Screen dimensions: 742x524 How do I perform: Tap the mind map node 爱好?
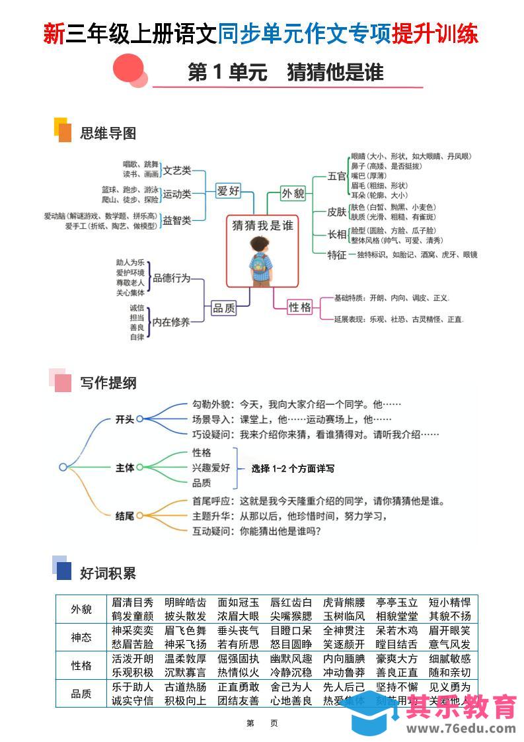pos(228,191)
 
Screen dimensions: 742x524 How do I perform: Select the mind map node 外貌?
pos(293,193)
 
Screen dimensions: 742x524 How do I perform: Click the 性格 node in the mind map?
pos(300,307)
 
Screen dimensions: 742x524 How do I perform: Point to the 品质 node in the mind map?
pos(223,308)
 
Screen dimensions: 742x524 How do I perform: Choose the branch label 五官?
pos(337,176)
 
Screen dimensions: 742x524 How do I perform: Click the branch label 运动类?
pos(177,194)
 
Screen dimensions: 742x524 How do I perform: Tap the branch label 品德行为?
pos(171,278)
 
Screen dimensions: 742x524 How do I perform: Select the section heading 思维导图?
pos(108,134)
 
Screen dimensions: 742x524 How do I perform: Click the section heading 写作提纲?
pos(108,383)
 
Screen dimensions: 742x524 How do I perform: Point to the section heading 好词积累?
pos(108,573)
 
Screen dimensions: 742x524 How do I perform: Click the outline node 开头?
pos(125,419)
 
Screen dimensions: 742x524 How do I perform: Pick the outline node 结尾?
pos(125,515)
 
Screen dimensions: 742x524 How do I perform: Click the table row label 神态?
pos(81,638)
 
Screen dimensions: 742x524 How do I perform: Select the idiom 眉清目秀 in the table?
pos(132,602)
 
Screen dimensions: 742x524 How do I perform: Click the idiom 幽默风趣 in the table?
pos(291,659)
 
